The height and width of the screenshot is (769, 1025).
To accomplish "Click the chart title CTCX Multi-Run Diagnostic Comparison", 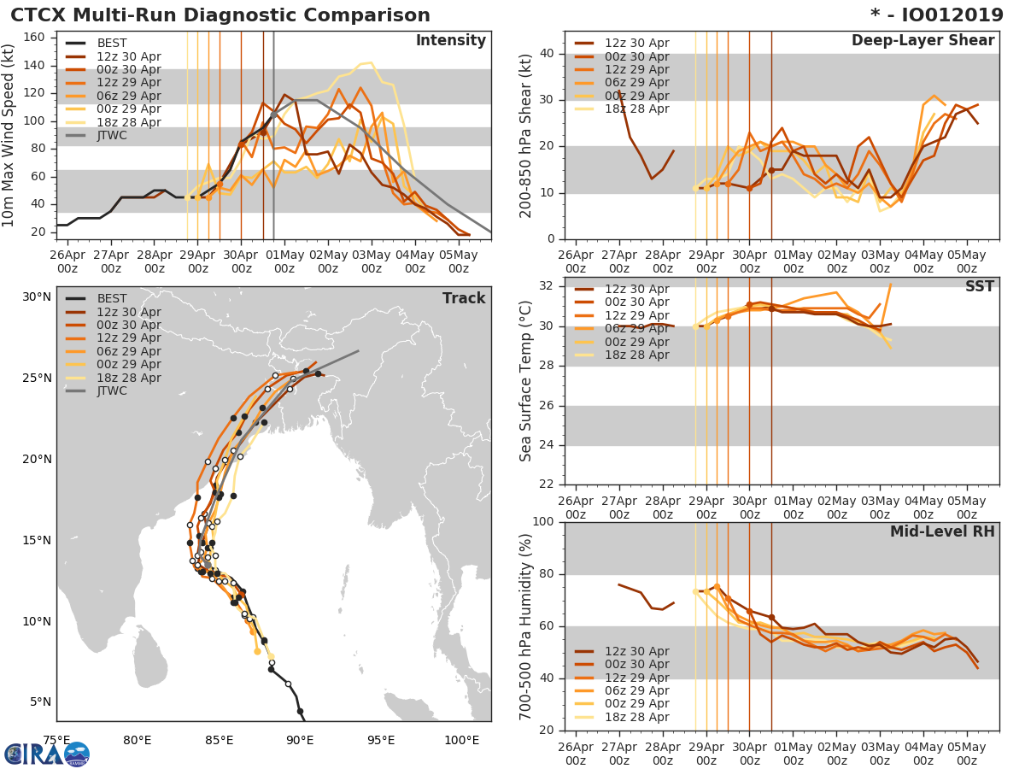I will pos(220,15).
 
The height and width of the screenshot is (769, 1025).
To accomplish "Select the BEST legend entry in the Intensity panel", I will pos(112,44).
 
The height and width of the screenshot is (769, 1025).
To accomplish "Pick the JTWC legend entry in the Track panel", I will pos(112,390).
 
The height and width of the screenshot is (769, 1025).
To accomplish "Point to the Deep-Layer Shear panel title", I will pos(922,41).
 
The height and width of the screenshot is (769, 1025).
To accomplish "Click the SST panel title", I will pos(979,286).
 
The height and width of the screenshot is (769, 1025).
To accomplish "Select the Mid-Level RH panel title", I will pos(941,531).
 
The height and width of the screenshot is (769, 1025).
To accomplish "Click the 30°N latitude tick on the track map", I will pos(37,297).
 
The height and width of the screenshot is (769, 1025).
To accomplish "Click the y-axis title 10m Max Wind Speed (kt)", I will pos(10,136).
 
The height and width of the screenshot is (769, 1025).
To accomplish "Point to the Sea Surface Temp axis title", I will pos(527,380).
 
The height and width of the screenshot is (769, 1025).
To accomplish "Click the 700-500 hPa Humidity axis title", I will pos(527,626).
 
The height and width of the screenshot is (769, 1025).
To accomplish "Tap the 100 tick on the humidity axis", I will pos(546,522).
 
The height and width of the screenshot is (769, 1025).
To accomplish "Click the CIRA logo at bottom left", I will pos(47,754).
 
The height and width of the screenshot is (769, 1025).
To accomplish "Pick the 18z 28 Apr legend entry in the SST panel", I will pos(636,355).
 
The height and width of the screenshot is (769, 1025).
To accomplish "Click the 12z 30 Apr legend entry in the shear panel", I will pos(636,44).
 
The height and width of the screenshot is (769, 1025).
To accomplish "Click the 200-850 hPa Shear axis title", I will pos(527,136).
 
